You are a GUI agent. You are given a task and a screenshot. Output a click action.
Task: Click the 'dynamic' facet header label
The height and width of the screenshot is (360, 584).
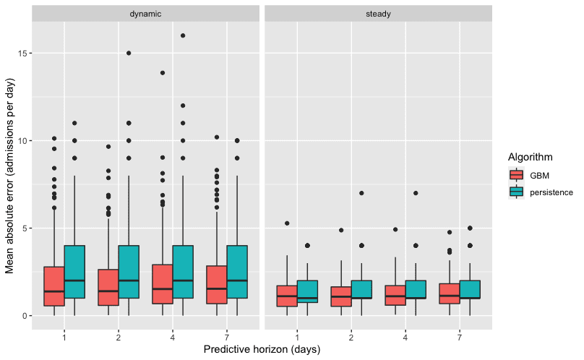pos(145,14)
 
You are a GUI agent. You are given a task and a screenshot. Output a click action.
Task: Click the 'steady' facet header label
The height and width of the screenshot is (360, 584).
pos(378,14)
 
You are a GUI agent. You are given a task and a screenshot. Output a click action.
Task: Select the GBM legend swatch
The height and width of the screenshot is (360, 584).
pos(516,175)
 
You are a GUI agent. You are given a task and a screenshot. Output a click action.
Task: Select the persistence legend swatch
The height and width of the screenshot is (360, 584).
pos(516,192)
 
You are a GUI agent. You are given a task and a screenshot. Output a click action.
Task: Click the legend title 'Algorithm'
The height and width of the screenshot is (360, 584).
pos(531,157)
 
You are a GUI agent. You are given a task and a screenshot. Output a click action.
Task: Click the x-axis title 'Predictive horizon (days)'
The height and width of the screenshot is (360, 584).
pos(262,350)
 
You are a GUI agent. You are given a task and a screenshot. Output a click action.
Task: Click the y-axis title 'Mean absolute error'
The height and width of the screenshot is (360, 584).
pos(10,181)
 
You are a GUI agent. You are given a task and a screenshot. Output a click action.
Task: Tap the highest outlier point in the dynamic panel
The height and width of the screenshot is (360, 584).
pos(183,35)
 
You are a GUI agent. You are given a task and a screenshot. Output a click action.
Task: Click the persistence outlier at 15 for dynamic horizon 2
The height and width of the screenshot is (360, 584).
pos(129,53)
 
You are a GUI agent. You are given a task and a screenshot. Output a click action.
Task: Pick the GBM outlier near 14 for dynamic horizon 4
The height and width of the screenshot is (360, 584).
pos(163,72)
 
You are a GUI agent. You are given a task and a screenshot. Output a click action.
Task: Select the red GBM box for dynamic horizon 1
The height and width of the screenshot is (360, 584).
pos(54,286)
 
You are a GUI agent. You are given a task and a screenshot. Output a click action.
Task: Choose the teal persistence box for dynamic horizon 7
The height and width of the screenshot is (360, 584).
pos(237,272)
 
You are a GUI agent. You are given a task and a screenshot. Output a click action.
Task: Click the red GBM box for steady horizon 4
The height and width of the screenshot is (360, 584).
pos(395,295)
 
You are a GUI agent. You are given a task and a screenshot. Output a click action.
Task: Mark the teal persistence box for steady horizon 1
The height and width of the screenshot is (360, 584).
pos(307,291)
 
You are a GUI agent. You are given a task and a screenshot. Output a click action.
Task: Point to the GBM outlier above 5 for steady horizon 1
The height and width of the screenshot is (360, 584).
pos(287,223)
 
